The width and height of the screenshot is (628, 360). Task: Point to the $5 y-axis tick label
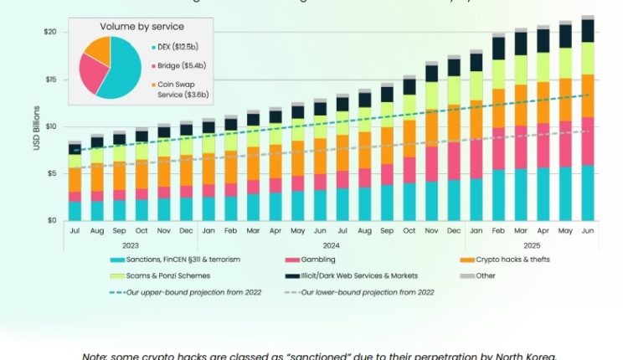[52, 173]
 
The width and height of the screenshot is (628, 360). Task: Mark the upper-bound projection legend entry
[176, 291]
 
